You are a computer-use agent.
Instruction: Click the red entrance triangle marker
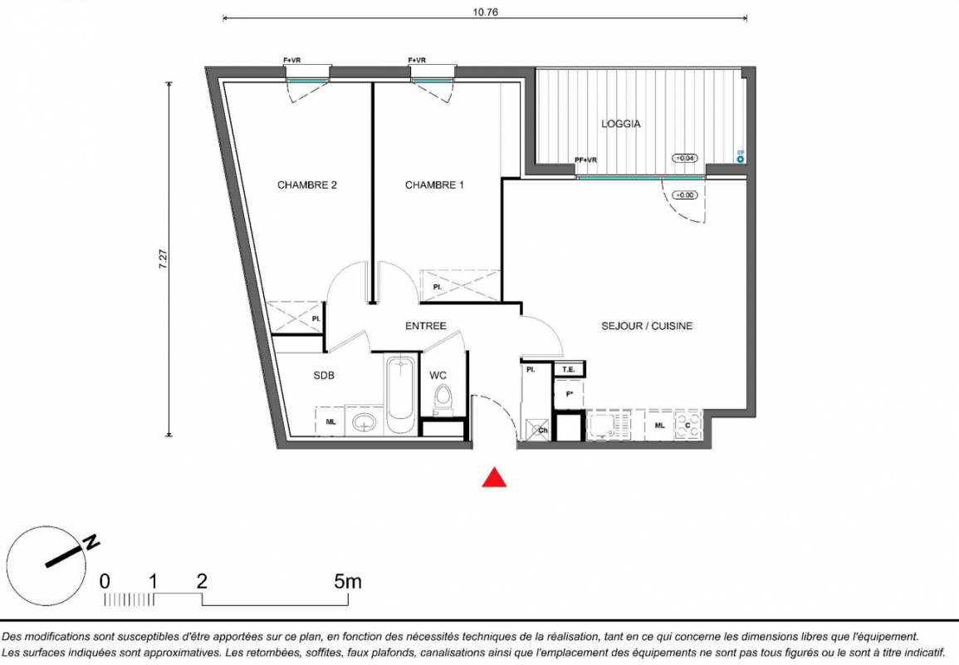coord(494,478)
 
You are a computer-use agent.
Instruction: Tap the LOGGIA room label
coord(621,124)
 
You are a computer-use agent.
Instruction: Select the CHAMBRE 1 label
coord(434,185)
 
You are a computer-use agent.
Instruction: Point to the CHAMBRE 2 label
coord(307,185)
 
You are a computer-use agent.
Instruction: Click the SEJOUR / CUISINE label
coord(647,326)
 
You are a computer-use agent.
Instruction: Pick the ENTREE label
coord(426,326)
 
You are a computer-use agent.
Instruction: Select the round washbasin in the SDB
coord(365,421)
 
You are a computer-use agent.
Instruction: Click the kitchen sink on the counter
coord(609,425)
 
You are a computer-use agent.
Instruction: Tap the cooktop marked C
coord(688,425)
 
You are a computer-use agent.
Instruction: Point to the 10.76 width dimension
coord(485,12)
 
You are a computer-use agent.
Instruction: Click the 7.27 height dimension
coord(163,259)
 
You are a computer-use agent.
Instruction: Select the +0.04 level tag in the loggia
coord(685,158)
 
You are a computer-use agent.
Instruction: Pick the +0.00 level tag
coord(684,195)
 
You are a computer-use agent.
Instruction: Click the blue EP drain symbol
coord(741,160)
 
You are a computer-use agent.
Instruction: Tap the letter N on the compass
coord(91,542)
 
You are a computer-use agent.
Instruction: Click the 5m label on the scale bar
coord(348,581)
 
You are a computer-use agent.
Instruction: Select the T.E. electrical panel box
coord(569,369)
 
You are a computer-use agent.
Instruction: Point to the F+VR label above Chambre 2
coord(291,60)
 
